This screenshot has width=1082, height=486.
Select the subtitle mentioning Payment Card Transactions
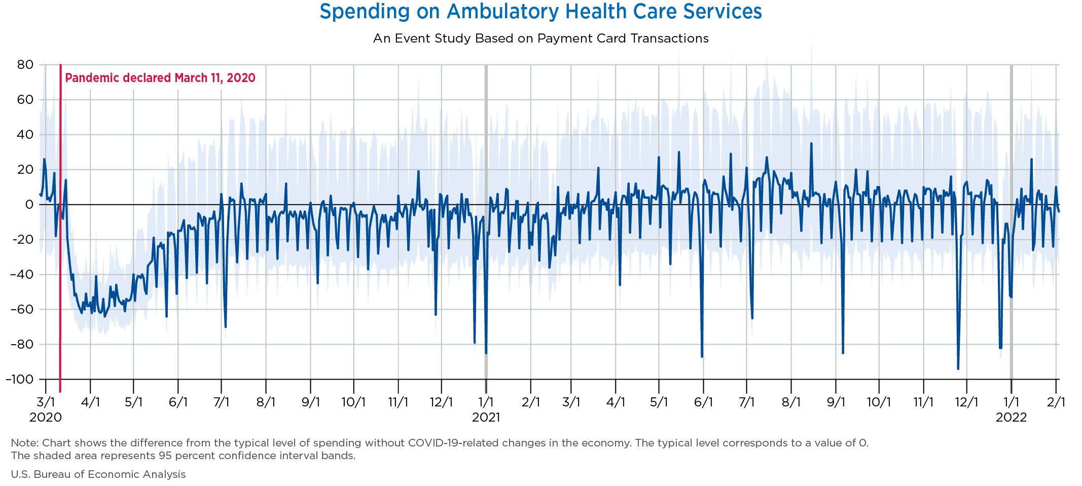(540, 39)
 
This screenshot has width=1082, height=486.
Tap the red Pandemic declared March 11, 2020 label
(160, 78)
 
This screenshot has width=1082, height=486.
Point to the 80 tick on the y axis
(24, 65)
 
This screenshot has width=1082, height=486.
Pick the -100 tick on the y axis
(19, 379)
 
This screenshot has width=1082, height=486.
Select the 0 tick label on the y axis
(29, 205)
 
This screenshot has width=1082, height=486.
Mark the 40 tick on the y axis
(24, 135)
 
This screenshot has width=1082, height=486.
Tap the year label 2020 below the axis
(46, 418)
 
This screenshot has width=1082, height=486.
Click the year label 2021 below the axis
(486, 418)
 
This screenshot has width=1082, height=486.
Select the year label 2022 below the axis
(1011, 418)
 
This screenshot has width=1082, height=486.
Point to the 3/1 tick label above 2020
(46, 403)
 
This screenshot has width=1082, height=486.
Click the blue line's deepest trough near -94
(958, 368)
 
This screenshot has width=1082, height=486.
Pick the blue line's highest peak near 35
(811, 143)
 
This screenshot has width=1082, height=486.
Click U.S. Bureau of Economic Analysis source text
(98, 474)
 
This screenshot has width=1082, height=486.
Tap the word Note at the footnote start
(21, 443)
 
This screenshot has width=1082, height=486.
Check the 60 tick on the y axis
(24, 100)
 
